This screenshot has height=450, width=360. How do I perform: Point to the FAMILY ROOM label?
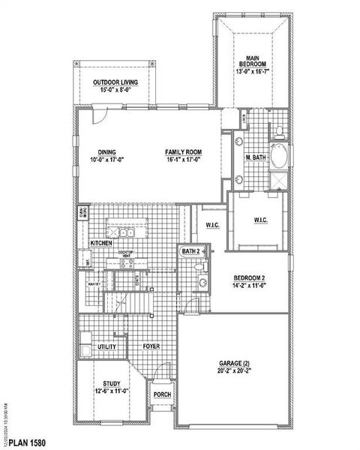(x=184, y=152)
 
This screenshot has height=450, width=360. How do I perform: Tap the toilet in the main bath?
(x=278, y=132)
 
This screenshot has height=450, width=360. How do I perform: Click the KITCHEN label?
(x=101, y=244)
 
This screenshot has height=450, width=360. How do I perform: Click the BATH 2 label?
(x=190, y=251)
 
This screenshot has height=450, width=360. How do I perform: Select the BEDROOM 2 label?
(x=249, y=278)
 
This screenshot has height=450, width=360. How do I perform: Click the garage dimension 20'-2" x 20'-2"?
(x=234, y=370)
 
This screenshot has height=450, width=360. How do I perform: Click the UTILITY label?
(x=106, y=347)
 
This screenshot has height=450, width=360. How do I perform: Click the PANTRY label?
(x=94, y=284)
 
